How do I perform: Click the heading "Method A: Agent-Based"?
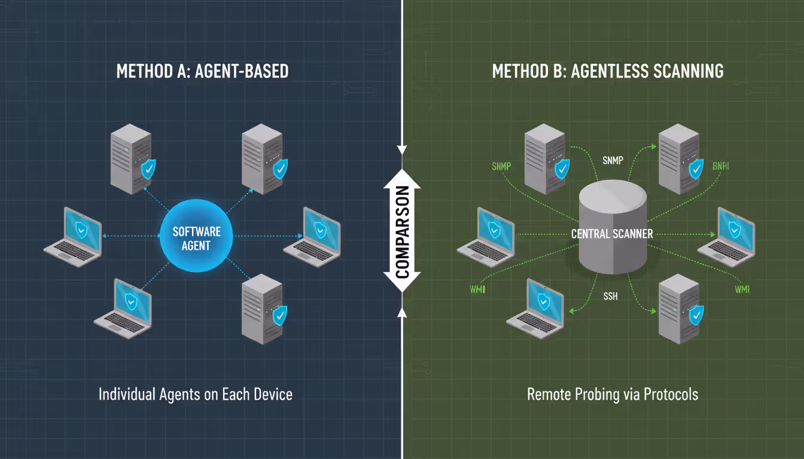(x=202, y=71)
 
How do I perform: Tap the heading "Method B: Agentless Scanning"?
(x=608, y=71)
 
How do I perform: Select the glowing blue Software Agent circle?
(x=196, y=237)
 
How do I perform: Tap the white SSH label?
(x=610, y=296)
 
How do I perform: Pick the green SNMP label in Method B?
(x=501, y=166)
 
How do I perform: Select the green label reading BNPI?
(x=721, y=166)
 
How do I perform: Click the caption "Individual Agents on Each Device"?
(x=196, y=394)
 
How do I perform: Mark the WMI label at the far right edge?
(x=741, y=289)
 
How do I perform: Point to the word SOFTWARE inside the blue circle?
(x=196, y=231)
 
